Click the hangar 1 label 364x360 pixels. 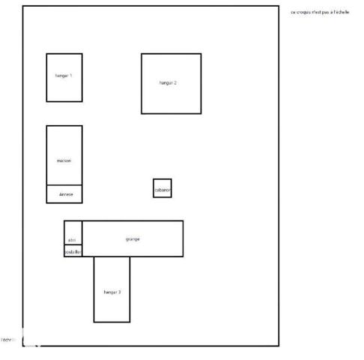(x=64, y=76)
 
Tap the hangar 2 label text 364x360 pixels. (x=168, y=82)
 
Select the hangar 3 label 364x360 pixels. (x=112, y=291)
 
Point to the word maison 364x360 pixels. (x=64, y=161)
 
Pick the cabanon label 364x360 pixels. (x=163, y=191)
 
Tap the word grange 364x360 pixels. (x=133, y=238)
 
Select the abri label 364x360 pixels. (x=72, y=239)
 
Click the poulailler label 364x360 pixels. (x=73, y=252)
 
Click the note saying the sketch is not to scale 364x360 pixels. (x=320, y=13)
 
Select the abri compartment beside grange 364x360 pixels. (x=73, y=230)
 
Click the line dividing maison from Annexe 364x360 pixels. (x=64, y=184)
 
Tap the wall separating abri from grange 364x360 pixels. (x=82, y=238)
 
